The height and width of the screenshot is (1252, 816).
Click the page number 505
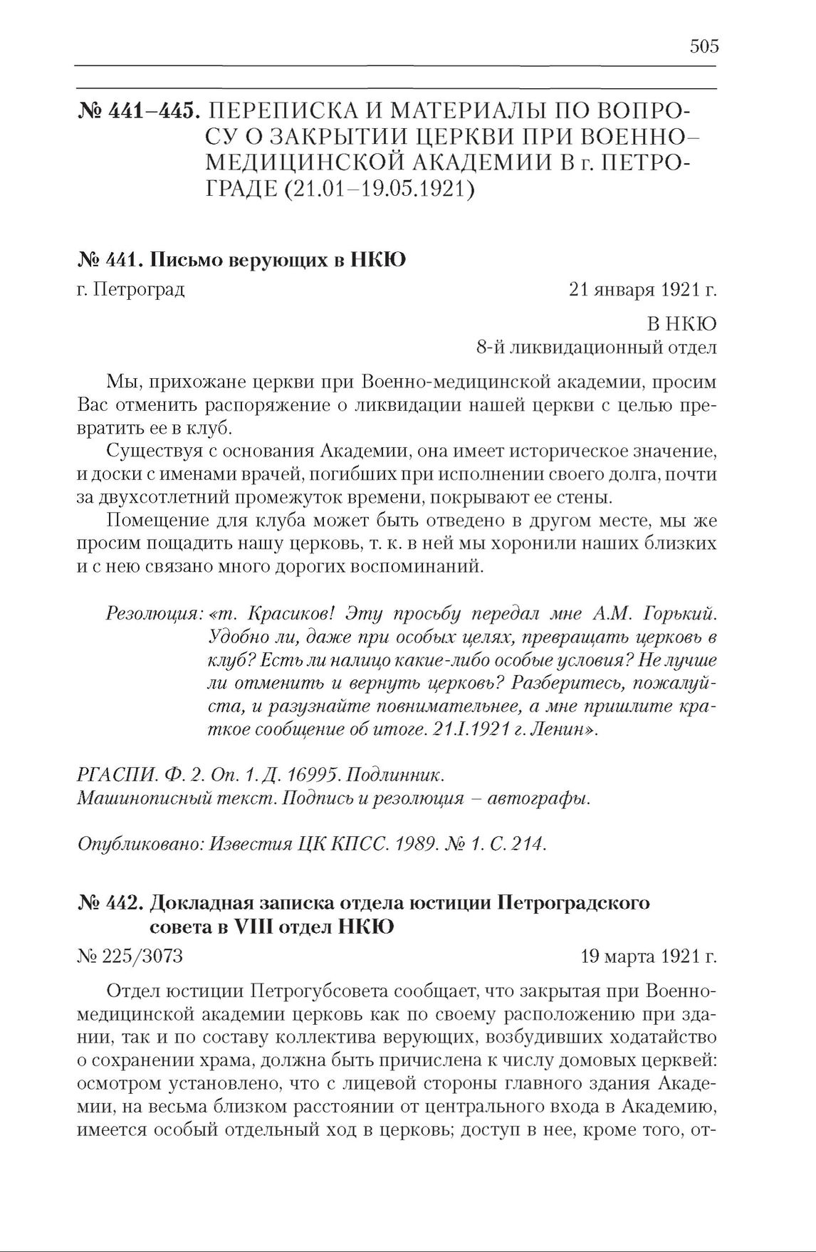[704, 47]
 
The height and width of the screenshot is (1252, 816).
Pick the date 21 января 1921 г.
[642, 290]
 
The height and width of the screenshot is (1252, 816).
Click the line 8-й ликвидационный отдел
[597, 348]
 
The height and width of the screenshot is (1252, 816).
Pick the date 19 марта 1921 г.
[649, 956]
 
